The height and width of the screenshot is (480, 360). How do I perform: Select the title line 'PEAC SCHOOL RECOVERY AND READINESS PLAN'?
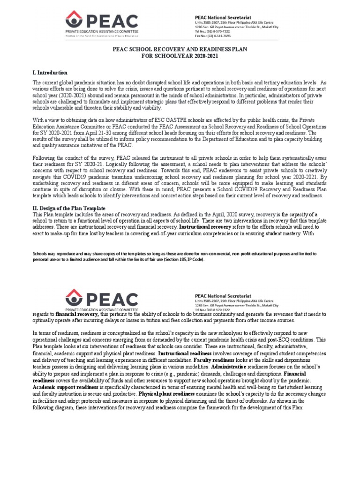[x=180, y=49]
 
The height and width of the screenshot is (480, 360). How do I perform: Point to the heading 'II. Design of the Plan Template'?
[x=68, y=208]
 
